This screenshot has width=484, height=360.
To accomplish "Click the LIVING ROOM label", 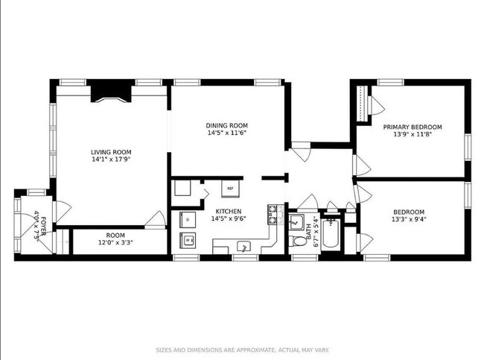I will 111,151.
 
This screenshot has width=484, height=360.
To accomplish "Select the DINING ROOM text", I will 227,125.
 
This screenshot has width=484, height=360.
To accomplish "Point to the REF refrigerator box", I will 230,189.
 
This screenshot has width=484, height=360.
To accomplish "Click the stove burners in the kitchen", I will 273,215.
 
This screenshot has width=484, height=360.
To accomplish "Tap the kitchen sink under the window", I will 243,246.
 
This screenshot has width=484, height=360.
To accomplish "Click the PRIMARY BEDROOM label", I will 413,127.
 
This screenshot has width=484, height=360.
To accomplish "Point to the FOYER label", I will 43,225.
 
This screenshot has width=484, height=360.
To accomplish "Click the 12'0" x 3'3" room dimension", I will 110,243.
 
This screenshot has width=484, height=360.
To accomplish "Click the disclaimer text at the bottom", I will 242,349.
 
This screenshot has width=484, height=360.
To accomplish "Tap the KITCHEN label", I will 227,211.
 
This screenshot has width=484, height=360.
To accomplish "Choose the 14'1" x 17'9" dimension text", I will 111,159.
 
